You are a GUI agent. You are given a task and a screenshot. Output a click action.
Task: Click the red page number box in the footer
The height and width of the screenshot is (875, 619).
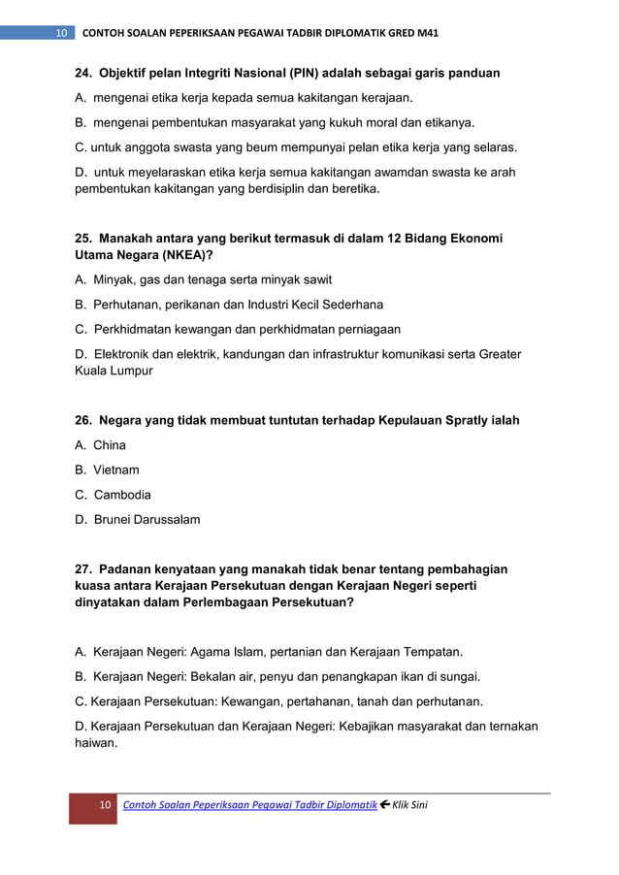(93, 807)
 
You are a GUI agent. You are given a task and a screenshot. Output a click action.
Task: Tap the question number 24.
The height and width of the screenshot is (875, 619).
(84, 73)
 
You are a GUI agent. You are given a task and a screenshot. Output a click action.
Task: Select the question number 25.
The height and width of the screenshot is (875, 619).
(84, 238)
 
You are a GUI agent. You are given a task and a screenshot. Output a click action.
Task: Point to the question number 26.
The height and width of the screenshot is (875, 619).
(84, 420)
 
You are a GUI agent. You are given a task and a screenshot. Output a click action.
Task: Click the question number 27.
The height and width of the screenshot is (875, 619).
(84, 569)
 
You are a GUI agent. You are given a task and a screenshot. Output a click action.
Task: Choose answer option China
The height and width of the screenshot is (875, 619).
(110, 445)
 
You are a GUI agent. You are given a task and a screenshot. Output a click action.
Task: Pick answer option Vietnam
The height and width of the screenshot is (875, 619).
(116, 470)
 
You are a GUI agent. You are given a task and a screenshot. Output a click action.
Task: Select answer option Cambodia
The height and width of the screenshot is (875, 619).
(122, 495)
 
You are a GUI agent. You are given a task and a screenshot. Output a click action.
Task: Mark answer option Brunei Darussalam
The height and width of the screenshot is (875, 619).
(147, 519)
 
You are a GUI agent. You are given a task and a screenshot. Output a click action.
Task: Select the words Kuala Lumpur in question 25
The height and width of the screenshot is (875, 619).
(114, 371)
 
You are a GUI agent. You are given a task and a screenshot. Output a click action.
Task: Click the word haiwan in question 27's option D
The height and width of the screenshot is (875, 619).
(96, 743)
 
